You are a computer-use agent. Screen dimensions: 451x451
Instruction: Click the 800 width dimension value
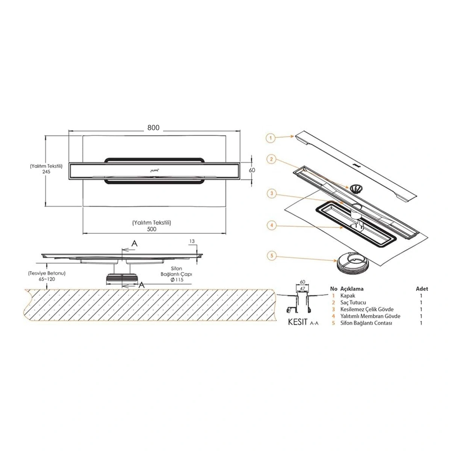click(x=153, y=127)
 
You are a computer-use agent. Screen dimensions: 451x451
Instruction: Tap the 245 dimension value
click(x=46, y=171)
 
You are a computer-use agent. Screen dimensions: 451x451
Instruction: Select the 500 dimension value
click(x=152, y=229)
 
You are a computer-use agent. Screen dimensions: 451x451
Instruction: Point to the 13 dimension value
click(x=192, y=241)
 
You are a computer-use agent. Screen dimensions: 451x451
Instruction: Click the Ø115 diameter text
click(x=177, y=280)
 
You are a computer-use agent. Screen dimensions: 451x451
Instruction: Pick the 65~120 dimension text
click(x=47, y=279)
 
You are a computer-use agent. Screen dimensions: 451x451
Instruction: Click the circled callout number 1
click(x=271, y=138)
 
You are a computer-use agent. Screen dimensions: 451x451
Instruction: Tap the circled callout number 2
click(x=271, y=159)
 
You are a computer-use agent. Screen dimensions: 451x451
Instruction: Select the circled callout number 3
click(x=272, y=194)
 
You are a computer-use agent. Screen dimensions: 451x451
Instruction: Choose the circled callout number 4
click(x=272, y=225)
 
